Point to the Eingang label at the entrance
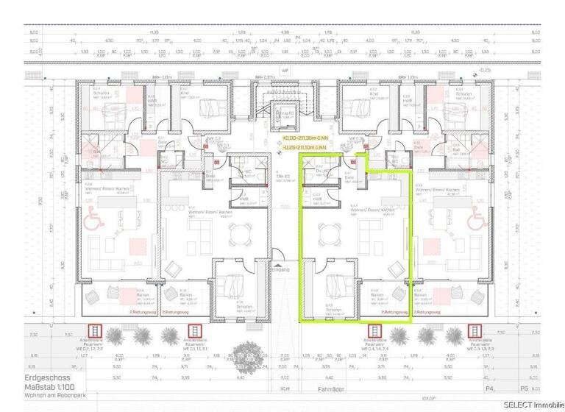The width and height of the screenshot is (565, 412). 282,269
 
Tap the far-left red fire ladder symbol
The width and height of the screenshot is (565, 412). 94,333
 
